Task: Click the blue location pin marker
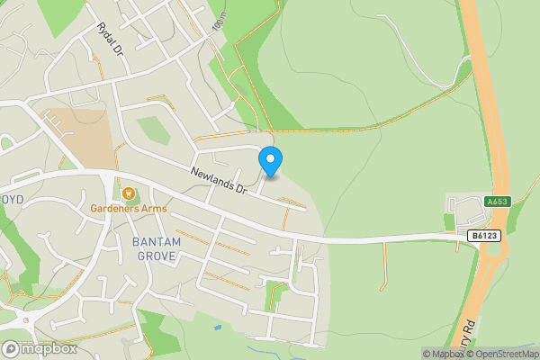coord(270,161)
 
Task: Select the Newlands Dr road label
coord(218,180)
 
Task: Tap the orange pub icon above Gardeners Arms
coord(128,193)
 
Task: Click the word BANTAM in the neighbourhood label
coord(157,242)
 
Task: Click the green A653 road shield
coord(497,202)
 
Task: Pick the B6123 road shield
coord(483,236)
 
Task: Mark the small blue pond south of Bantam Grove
coord(216,327)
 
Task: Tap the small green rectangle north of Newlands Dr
coord(155,130)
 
